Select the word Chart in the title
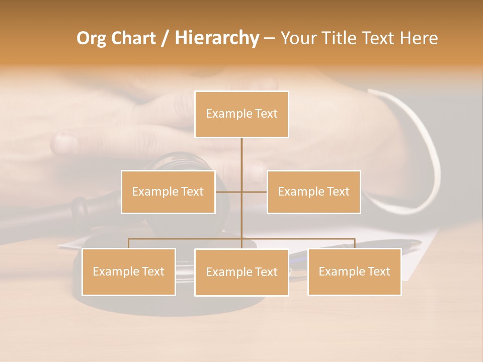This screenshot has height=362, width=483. coord(134,39)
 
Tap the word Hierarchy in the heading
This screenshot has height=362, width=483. coord(216,39)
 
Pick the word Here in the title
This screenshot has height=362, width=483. coord(419,39)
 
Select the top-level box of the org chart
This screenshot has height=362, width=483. coord(242,126)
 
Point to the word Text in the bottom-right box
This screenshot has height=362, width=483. coord(378,271)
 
